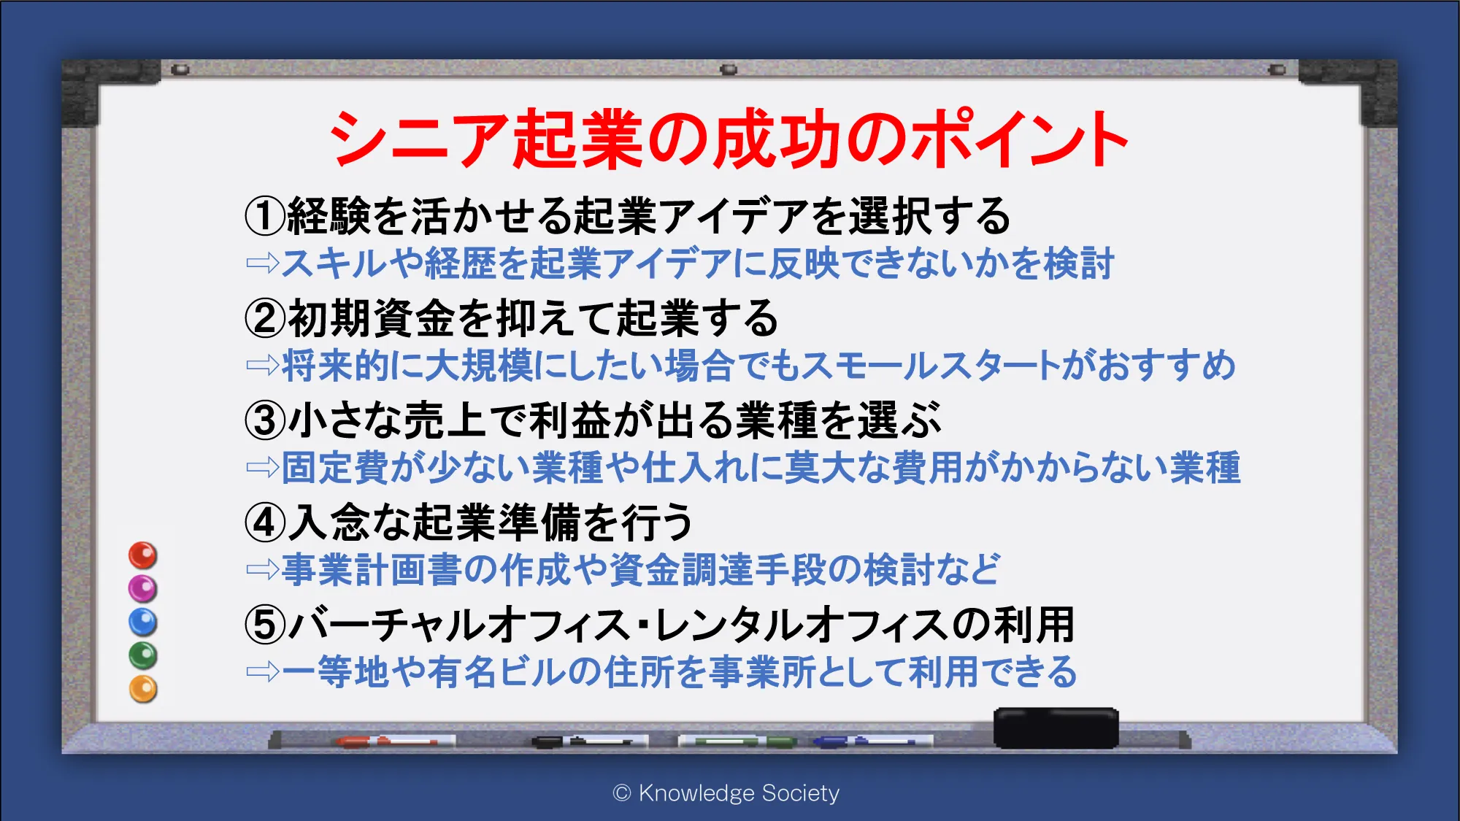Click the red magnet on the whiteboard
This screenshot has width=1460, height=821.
pyautogui.click(x=143, y=555)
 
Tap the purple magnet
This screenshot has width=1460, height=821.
pyautogui.click(x=143, y=589)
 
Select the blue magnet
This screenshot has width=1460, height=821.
pyautogui.click(x=143, y=623)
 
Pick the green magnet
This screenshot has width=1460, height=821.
pyautogui.click(x=143, y=655)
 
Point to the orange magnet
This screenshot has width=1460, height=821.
pyautogui.click(x=143, y=689)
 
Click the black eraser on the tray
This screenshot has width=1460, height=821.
pyautogui.click(x=1056, y=728)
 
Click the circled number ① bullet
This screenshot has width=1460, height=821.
pyautogui.click(x=265, y=216)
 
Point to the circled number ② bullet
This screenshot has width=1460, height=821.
pyautogui.click(x=265, y=318)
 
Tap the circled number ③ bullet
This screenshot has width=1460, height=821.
pyautogui.click(x=265, y=420)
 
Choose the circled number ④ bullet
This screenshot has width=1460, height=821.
pyautogui.click(x=265, y=523)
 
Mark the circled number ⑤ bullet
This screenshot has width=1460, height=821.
pyautogui.click(x=265, y=625)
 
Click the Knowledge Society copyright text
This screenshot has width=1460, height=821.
pyautogui.click(x=726, y=793)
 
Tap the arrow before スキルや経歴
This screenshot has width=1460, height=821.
pyautogui.click(x=263, y=263)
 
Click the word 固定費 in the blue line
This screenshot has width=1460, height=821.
pyautogui.click(x=335, y=467)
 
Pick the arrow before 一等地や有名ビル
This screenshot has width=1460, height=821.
pyautogui.click(x=263, y=671)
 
